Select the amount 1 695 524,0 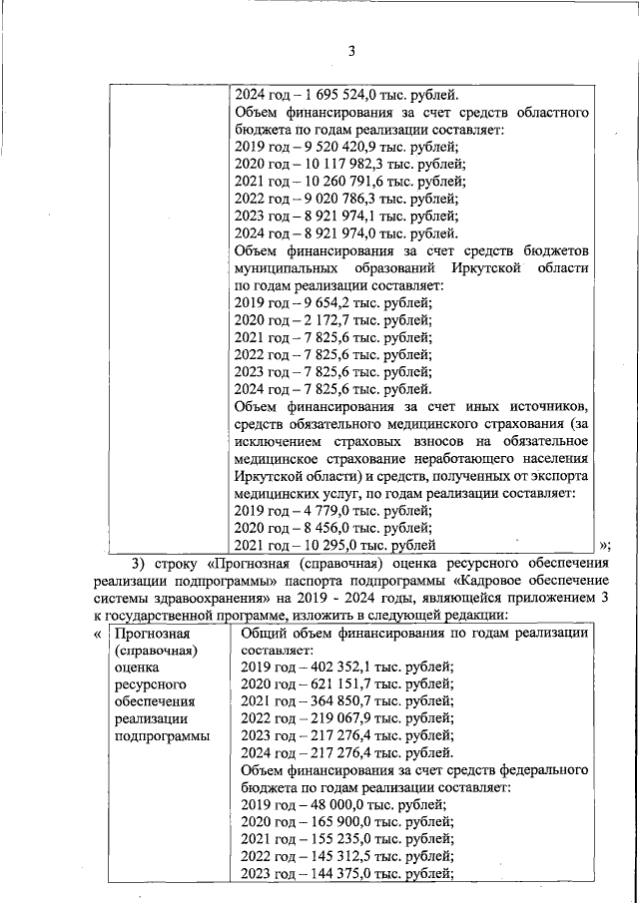(x=333, y=96)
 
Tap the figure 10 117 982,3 (x=339, y=165)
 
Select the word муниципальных (x=283, y=268)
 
